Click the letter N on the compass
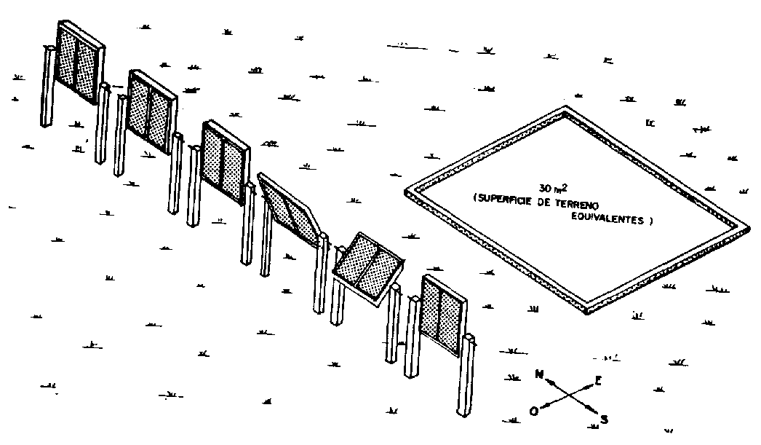coord(540,374)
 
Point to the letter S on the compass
coord(604,419)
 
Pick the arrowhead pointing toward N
coord(549,381)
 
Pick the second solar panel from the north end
coord(149,109)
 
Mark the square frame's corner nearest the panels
coord(407,192)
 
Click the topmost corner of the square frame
coord(567,110)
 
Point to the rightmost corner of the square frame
coord(748,227)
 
